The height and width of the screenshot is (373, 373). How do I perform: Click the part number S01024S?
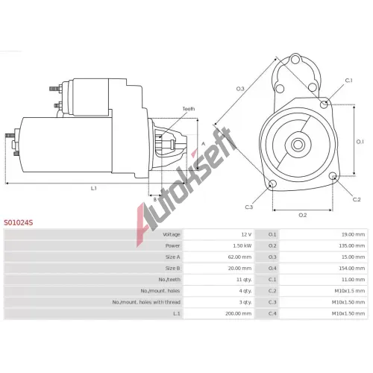tap(19, 222)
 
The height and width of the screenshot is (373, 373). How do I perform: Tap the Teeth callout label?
tap(189, 109)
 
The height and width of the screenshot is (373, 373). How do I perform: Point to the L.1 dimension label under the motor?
tap(93, 189)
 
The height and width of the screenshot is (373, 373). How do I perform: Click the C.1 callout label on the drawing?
tap(349, 81)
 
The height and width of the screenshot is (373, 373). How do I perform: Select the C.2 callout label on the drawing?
tap(357, 199)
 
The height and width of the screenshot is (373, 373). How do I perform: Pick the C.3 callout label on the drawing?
tap(249, 207)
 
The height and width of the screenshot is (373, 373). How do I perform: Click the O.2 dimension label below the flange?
tap(303, 215)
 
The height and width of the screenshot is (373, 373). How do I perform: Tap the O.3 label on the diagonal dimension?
tap(240, 89)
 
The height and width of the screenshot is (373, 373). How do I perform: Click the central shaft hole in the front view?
tap(298, 145)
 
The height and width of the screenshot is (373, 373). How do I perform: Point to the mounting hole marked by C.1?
tap(324, 104)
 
